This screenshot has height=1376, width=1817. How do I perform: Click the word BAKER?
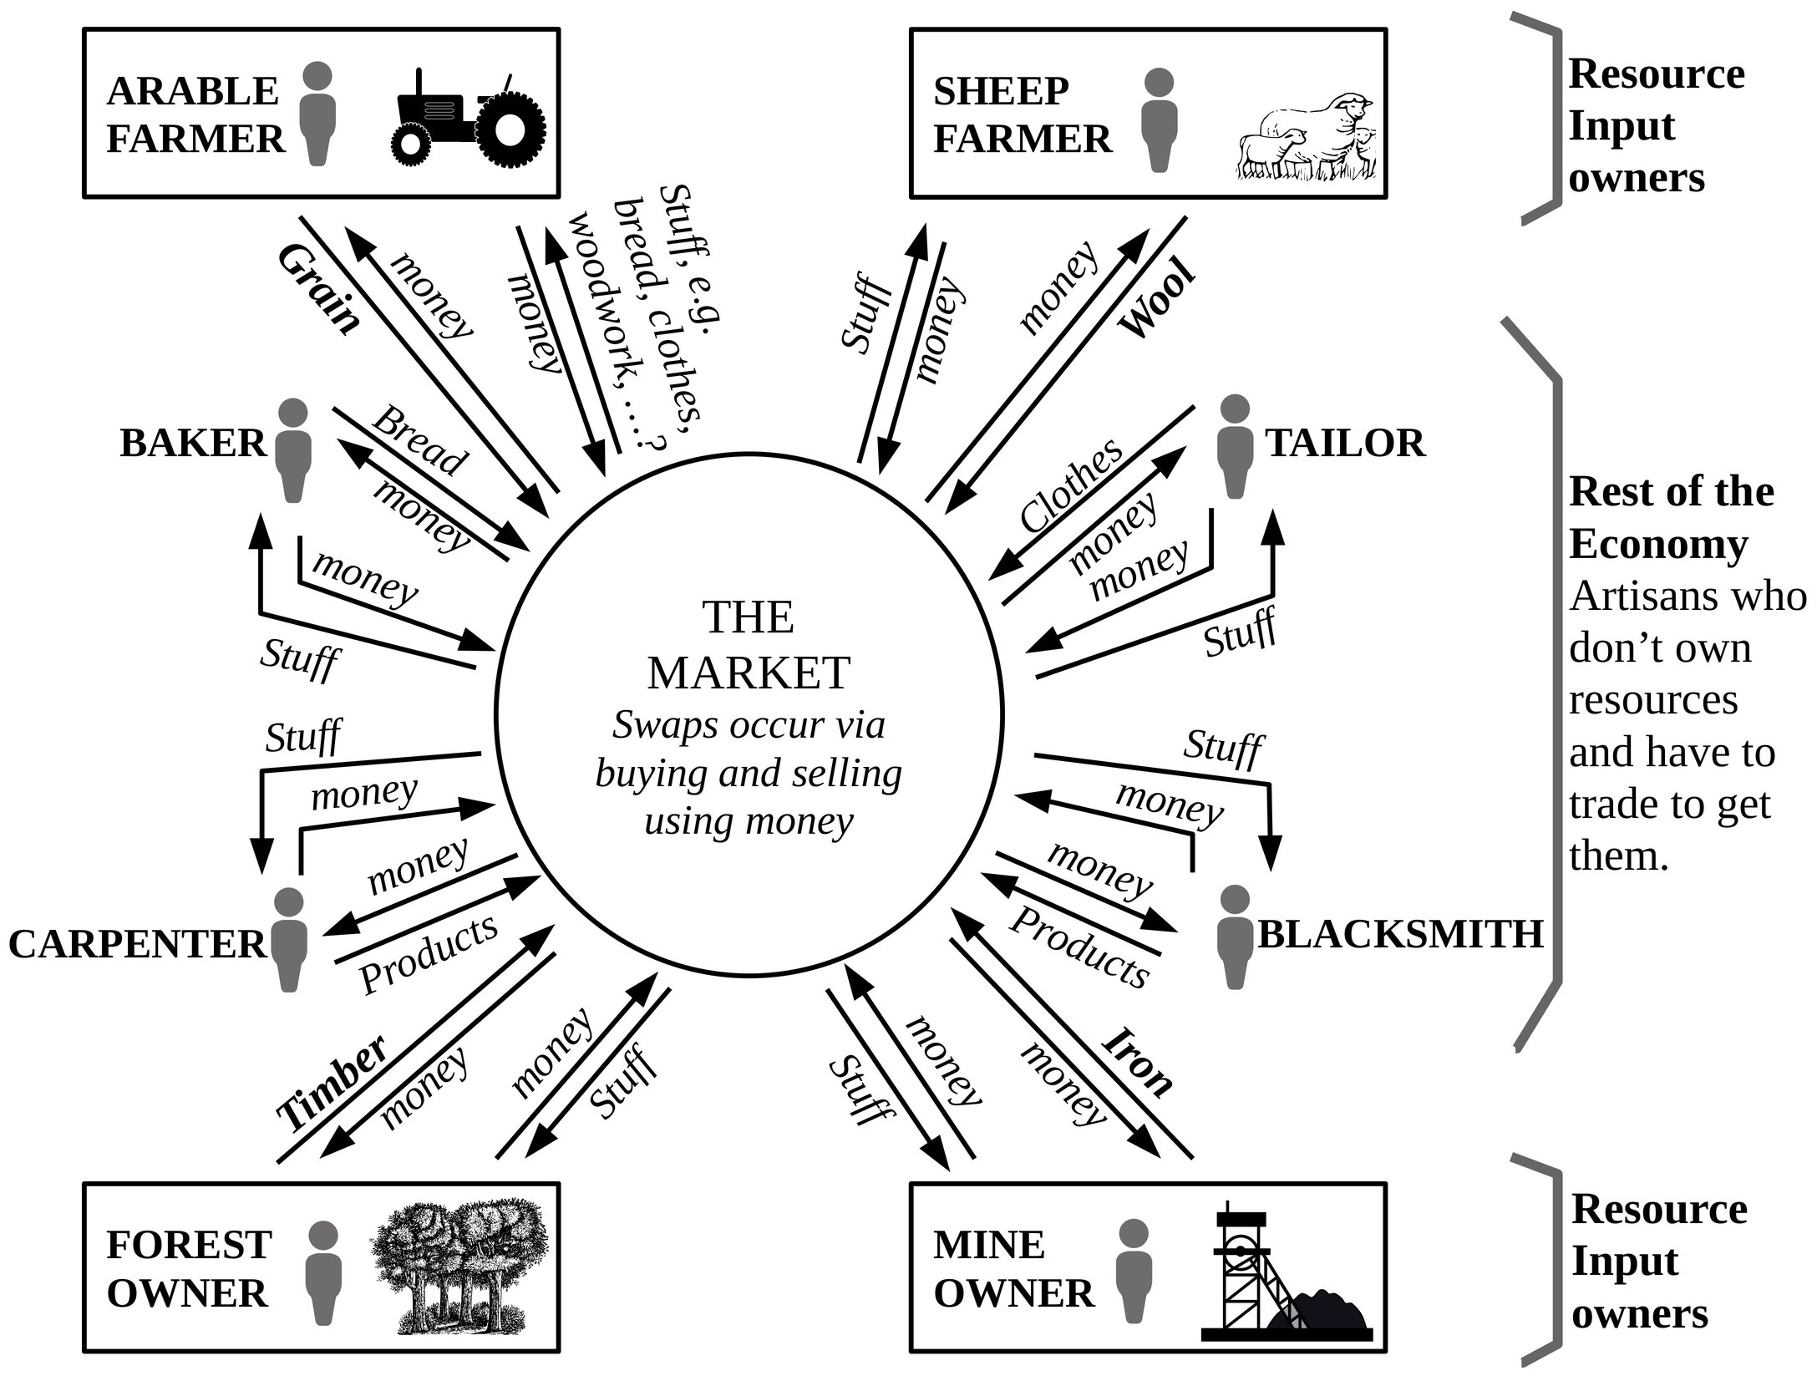(x=193, y=443)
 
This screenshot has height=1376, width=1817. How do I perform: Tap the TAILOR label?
(x=1345, y=443)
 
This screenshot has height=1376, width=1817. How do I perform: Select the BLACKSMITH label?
(x=1400, y=934)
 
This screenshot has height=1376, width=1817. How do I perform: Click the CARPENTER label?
(x=137, y=944)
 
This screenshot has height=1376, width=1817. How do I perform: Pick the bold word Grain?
(x=318, y=289)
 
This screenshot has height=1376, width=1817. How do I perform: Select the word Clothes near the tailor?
(x=1072, y=485)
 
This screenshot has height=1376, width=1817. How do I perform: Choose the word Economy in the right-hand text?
(x=1658, y=545)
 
